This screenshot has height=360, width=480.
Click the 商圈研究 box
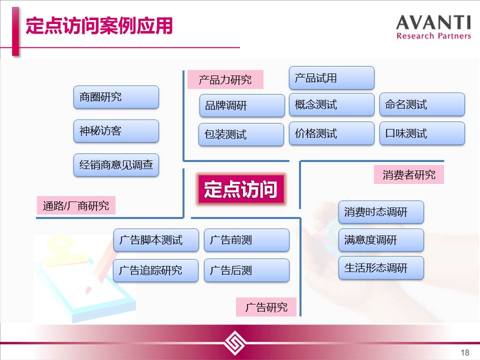(x=116, y=97)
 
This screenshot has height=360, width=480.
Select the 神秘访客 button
(x=116, y=131)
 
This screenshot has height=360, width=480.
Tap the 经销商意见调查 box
(x=116, y=165)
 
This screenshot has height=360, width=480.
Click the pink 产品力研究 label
(x=225, y=79)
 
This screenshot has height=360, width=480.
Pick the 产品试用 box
(x=331, y=78)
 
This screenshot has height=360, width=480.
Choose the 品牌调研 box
(x=242, y=105)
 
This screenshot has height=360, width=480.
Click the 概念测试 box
(x=331, y=104)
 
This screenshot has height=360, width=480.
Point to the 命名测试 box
(x=422, y=104)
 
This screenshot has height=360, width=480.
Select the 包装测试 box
(x=241, y=134)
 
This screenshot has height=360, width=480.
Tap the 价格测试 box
(x=331, y=133)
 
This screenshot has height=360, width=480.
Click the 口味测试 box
(x=422, y=133)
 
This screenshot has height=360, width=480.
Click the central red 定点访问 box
(x=240, y=189)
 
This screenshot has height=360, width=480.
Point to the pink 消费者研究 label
(x=408, y=175)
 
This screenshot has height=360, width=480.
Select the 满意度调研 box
(x=381, y=240)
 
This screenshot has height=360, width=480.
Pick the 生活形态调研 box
(x=381, y=268)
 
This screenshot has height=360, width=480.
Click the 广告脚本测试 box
(x=156, y=240)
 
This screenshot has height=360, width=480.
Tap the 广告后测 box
(x=246, y=270)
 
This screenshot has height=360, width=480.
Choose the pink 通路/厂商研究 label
(x=76, y=205)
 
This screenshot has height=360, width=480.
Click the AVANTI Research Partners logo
(x=433, y=27)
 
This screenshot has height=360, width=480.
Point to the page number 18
(x=464, y=352)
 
